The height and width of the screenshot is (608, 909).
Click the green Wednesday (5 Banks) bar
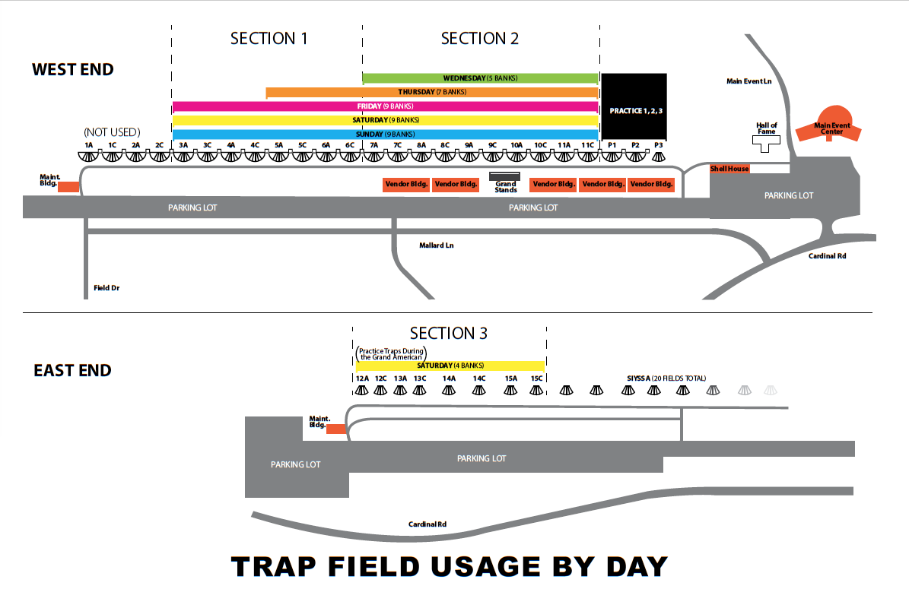(x=480, y=78)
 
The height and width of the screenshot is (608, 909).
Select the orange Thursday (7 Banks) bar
(x=432, y=93)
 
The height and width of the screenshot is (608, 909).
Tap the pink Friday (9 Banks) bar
(x=386, y=106)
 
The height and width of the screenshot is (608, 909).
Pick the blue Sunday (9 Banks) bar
(x=386, y=135)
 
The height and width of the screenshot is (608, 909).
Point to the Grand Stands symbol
(x=505, y=176)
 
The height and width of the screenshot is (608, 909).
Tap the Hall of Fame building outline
(x=766, y=144)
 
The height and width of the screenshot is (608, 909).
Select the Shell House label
(x=729, y=169)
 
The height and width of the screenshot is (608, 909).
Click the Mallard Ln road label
(x=437, y=245)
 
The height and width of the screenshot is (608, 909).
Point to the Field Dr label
(x=106, y=288)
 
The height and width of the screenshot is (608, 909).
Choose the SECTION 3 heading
(x=448, y=333)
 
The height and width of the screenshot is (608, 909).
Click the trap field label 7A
(x=373, y=144)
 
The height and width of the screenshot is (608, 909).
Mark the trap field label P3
(x=659, y=144)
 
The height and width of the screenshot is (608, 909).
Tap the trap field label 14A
(x=449, y=378)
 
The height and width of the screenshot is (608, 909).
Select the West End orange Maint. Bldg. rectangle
(x=68, y=186)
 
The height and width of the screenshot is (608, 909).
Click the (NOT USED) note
(x=113, y=131)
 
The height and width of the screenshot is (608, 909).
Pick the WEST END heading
(x=72, y=70)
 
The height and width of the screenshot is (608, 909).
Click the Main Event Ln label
(x=748, y=81)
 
